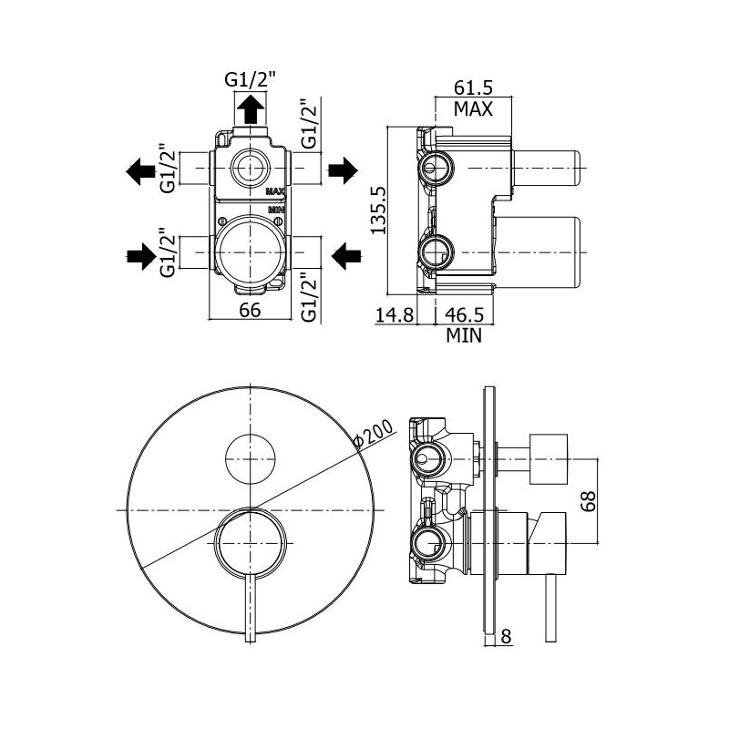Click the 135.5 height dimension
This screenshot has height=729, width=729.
click(382, 208)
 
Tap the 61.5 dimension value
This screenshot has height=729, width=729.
click(473, 88)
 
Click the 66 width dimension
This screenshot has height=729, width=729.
click(251, 310)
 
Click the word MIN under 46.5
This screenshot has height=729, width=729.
click(464, 335)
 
